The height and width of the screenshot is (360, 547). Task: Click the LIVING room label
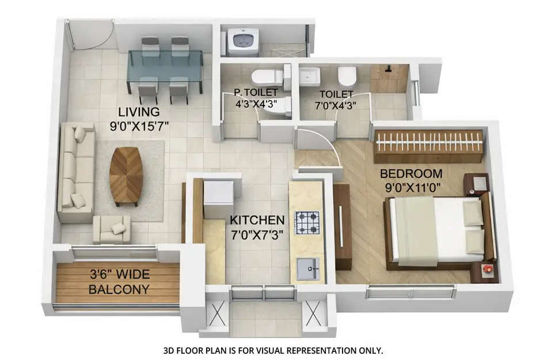139,111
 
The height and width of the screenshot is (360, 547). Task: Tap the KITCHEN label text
257,220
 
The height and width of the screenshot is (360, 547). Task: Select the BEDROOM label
411,173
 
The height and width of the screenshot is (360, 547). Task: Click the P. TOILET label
256,92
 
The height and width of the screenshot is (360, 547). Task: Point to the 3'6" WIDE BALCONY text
119,282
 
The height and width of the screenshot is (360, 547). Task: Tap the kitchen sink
308,268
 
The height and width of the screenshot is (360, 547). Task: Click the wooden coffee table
126,176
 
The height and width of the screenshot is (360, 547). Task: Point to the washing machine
242,42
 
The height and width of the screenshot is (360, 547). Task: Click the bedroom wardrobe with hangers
428,146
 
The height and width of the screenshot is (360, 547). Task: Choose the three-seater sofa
77,171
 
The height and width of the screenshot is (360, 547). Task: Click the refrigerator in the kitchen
219,199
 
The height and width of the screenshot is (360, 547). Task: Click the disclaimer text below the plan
273,350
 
